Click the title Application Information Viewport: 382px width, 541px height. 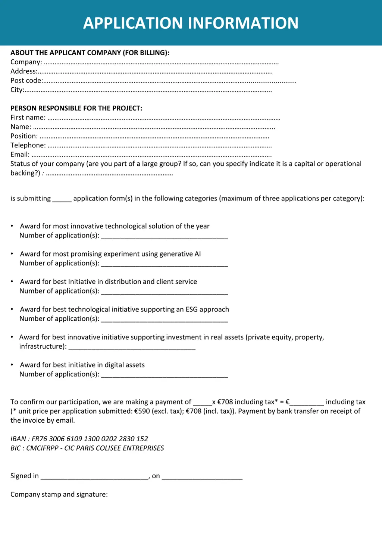coord(191,23)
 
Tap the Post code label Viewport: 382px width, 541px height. coord(26,81)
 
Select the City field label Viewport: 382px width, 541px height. coord(17,90)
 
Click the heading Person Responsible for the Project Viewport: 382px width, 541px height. coord(76,108)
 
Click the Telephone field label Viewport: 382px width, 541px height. coord(28,145)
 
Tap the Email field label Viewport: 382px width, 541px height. coord(20,155)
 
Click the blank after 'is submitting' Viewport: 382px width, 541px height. coord(62,199)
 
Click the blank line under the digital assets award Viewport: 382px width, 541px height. coord(164,375)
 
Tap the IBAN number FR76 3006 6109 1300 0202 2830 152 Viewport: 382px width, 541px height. coord(90,439)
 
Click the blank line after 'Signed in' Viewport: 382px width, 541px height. coord(95,477)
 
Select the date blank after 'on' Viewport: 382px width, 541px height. coord(202,477)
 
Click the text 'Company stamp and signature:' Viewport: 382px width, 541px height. coord(59,495)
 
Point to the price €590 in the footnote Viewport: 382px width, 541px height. coord(142,411)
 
